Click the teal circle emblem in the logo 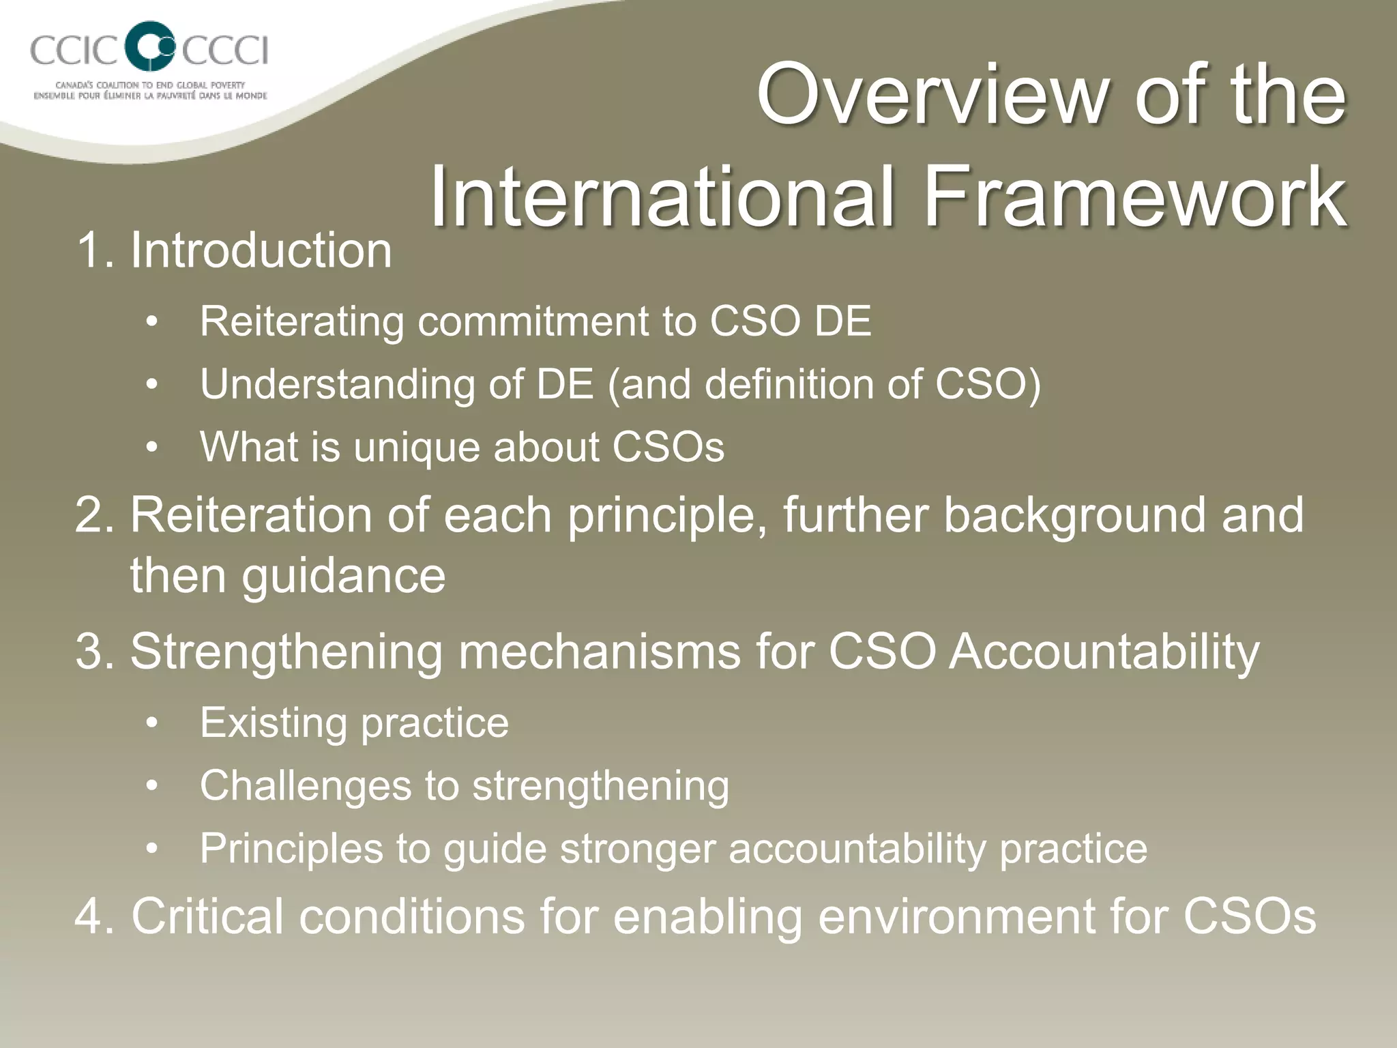click(151, 46)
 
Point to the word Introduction click(261, 250)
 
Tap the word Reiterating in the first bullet click(302, 321)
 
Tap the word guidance click(344, 576)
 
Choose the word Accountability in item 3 click(1104, 652)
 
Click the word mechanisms click(599, 652)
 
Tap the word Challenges click(306, 786)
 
